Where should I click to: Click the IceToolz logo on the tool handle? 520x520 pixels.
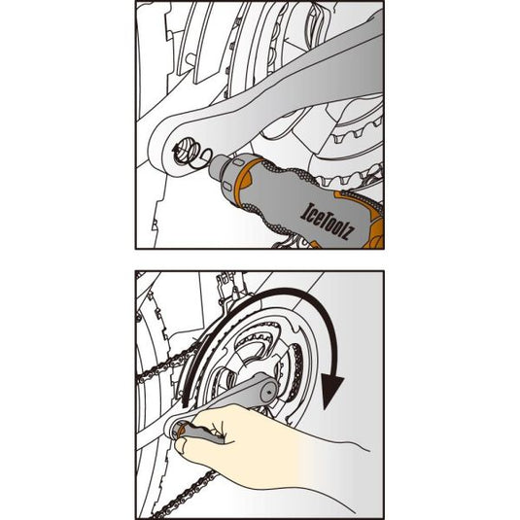pyautogui.click(x=328, y=222)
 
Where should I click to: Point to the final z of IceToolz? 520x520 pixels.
pyautogui.click(x=349, y=233)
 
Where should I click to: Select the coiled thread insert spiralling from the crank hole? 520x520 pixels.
pyautogui.click(x=190, y=153)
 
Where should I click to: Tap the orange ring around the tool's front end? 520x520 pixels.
pyautogui.click(x=243, y=181)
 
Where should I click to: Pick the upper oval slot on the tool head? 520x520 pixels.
pyautogui.click(x=236, y=162)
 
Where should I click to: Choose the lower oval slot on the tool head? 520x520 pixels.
pyautogui.click(x=225, y=185)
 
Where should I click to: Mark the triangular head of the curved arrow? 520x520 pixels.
pyautogui.click(x=332, y=392)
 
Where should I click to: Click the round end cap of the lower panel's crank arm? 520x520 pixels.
pyautogui.click(x=268, y=393)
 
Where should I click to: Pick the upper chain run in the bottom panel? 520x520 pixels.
pyautogui.click(x=167, y=364)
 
